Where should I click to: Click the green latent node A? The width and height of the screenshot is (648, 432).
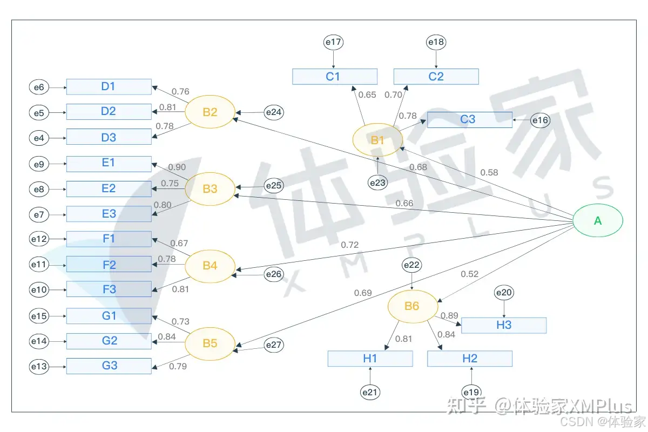598,220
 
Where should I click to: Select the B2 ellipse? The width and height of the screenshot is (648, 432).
210,112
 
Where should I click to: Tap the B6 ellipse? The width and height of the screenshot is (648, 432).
412,306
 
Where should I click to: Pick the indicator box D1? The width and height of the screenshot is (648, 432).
109,86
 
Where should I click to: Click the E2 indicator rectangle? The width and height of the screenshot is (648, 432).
109,188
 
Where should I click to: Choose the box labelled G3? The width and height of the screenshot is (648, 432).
109,366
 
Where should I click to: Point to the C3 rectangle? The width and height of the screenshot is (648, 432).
469,119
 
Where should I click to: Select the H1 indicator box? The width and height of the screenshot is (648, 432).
370,359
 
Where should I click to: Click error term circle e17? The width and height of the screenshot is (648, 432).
334,42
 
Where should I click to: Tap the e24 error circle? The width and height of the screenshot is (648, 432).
274,112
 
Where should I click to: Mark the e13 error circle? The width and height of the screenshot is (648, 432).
39,367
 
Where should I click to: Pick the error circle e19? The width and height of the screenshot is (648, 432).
471,391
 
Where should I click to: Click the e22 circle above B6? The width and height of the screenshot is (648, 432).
412,265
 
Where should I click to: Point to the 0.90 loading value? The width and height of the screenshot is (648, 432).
177,167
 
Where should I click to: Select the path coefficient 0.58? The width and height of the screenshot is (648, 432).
489,173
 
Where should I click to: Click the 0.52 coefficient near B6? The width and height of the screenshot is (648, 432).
469,274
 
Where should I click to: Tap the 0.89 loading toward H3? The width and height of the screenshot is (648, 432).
449,316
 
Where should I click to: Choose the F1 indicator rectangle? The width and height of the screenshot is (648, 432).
109,239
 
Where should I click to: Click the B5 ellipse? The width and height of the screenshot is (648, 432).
210,343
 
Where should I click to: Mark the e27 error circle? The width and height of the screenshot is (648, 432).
274,345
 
